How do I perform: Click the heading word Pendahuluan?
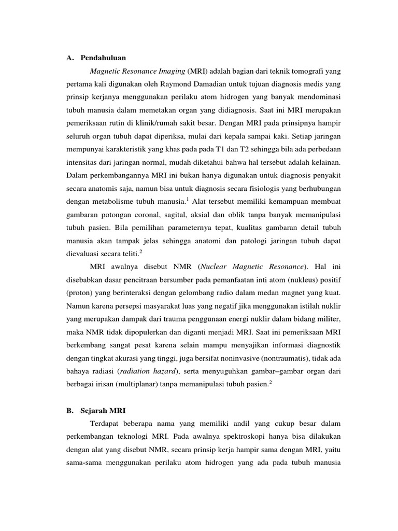tap(103, 58)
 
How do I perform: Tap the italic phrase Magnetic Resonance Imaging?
tap(137, 71)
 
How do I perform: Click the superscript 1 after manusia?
tap(202, 198)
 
